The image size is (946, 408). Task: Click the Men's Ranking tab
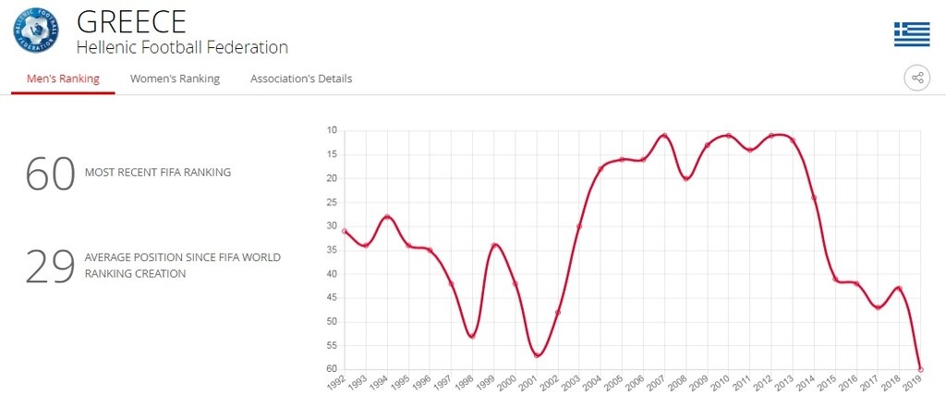tap(63, 79)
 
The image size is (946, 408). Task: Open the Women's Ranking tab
tap(175, 79)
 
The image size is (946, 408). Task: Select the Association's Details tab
tap(301, 79)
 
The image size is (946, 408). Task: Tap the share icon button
tap(916, 78)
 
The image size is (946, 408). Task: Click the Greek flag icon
tap(911, 34)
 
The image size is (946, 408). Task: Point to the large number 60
tap(50, 173)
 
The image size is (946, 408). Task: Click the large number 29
tap(50, 266)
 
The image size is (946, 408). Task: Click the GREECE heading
tap(131, 20)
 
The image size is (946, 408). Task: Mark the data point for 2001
tap(537, 355)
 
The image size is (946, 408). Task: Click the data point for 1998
tap(472, 336)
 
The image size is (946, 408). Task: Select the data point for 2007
tap(664, 136)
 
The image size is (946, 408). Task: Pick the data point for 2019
tap(920, 369)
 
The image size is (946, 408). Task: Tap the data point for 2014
tap(814, 198)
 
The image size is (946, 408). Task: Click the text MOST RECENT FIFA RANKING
tap(158, 172)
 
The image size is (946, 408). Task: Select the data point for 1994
tap(387, 216)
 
